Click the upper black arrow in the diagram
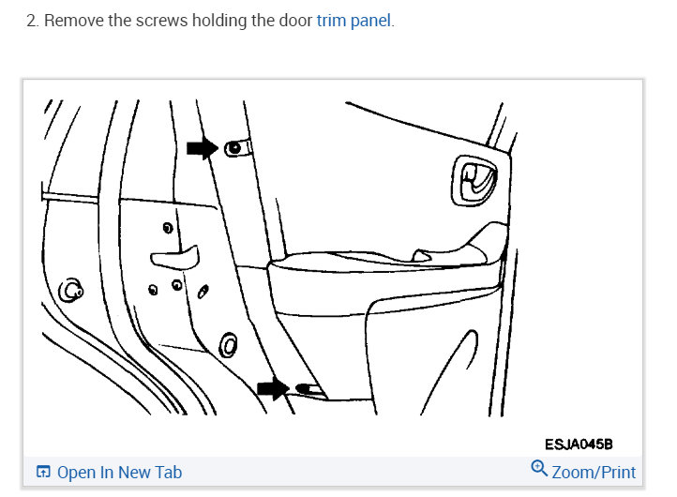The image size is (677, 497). click(x=201, y=147)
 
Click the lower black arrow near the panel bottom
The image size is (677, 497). click(x=274, y=388)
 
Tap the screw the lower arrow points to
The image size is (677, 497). click(x=303, y=387)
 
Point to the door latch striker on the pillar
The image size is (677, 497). click(x=175, y=253)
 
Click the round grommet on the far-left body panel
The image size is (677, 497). click(x=70, y=291)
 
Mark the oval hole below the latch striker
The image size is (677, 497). click(x=226, y=345)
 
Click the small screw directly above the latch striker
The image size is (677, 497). click(x=167, y=228)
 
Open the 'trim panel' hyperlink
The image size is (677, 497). click(x=354, y=21)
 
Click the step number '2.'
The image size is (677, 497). click(x=33, y=21)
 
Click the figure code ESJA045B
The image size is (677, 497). click(x=579, y=443)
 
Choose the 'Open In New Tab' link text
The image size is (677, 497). click(x=119, y=472)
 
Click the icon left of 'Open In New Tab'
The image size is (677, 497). click(x=43, y=472)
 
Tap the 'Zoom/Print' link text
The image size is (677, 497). click(x=594, y=472)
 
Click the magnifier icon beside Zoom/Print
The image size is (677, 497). click(x=539, y=469)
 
